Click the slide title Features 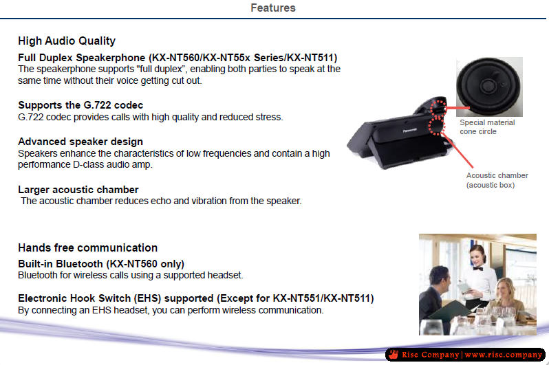point(273,8)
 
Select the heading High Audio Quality point(67,41)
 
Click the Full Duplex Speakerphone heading point(177,57)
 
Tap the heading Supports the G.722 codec point(80,105)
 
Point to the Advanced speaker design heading point(80,142)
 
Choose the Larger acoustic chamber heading point(78,189)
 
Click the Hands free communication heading point(87,247)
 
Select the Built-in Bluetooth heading point(101,263)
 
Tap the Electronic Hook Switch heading point(195,298)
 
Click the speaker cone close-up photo point(489,87)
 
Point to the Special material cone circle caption point(487,126)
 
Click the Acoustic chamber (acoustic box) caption point(497,180)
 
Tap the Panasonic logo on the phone point(409,131)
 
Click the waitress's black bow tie point(477,269)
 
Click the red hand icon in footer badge point(394,354)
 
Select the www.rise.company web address point(504,355)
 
